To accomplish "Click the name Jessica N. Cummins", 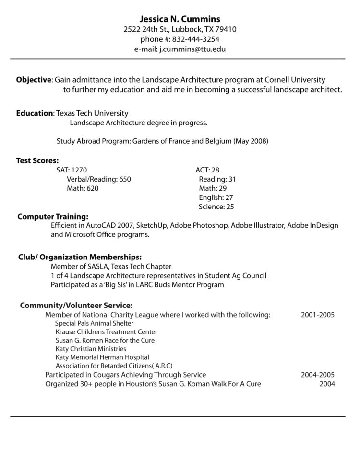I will pos(180,19).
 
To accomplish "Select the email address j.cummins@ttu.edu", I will pos(192,49).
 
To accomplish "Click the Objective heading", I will pos(34,79).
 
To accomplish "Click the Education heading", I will pos(35,113).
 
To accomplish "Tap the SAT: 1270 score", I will pos(72,170).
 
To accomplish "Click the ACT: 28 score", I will pos(207,170).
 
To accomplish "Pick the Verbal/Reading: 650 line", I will pos(98,179).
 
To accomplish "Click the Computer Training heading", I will pos(53,216).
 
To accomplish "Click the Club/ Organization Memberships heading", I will pos(80,257).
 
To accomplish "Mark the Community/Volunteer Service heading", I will pos(76,305).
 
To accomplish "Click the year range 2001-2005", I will pos(318,315).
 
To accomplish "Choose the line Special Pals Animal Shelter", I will pos(95,323).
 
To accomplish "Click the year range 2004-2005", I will pos(318,375).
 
